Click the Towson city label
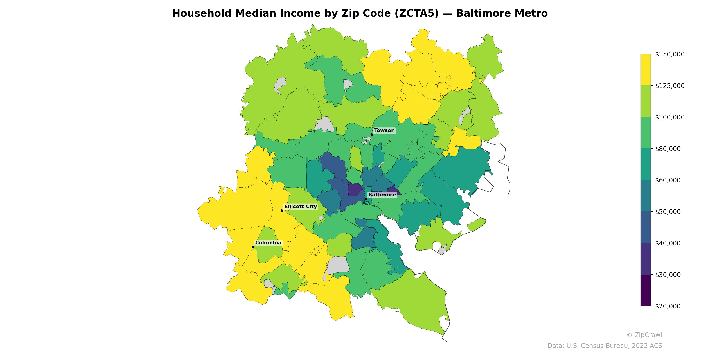(x=384, y=130)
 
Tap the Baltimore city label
(x=382, y=195)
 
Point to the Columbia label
(x=268, y=243)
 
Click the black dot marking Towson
(x=372, y=135)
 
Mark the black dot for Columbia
(x=253, y=247)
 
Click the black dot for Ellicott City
(x=282, y=211)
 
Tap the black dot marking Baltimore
(x=366, y=199)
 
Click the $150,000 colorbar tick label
(x=670, y=54)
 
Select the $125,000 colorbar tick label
(x=670, y=86)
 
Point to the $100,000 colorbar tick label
(x=670, y=117)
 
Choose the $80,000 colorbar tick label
(x=668, y=149)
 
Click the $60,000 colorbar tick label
(x=668, y=180)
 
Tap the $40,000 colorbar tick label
(x=668, y=243)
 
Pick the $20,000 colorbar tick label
(x=668, y=306)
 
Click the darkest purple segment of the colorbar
(x=646, y=290)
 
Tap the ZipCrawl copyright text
(x=644, y=335)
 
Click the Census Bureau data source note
(x=605, y=346)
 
